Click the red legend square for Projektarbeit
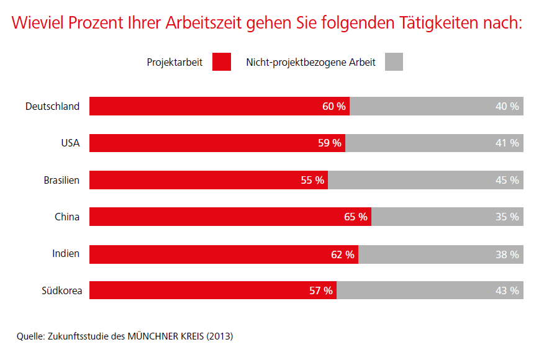click(221, 62)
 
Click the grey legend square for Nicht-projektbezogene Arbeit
click(394, 62)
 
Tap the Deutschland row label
click(52, 106)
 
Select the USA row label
click(70, 143)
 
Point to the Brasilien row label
click(61, 180)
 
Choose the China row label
click(67, 217)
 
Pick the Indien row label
click(66, 254)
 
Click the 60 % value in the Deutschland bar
click(334, 106)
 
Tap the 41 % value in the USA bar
click(507, 143)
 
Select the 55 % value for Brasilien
click(312, 180)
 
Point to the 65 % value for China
click(356, 217)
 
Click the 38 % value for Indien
click(507, 254)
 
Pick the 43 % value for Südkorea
click(507, 290)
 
